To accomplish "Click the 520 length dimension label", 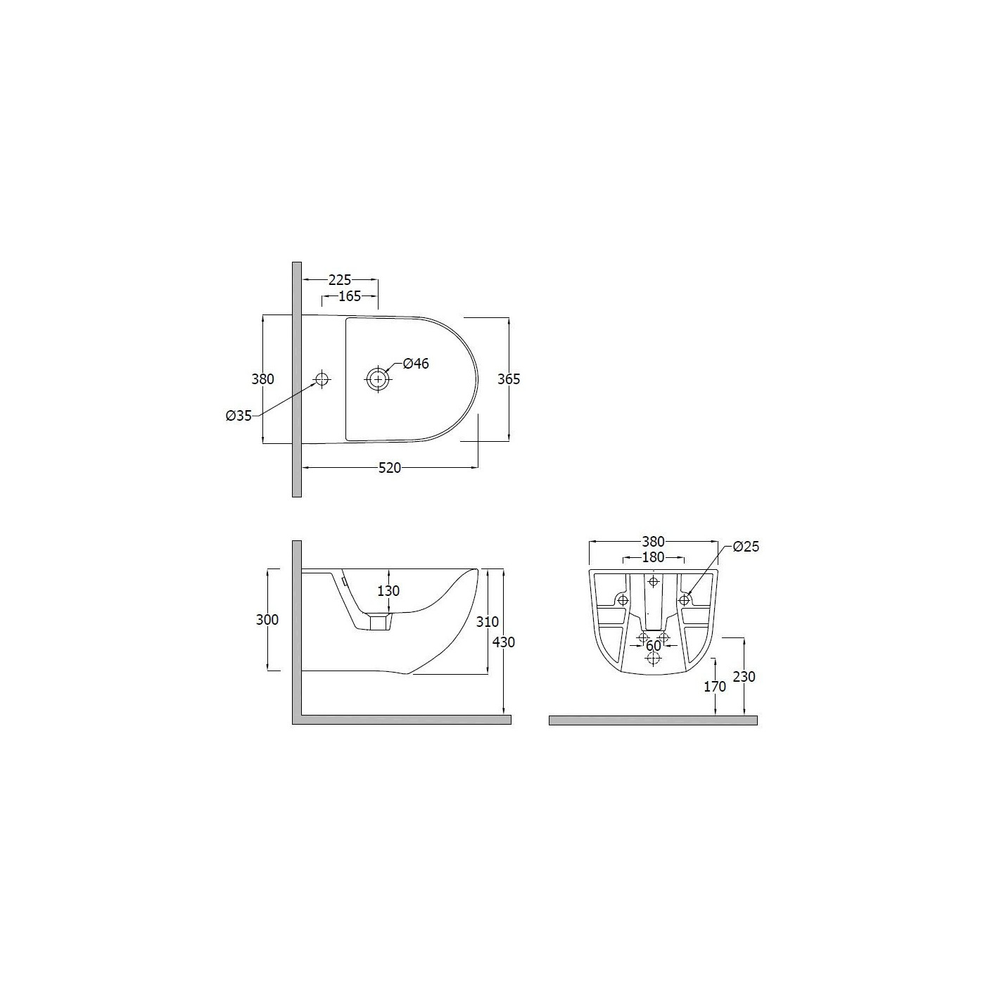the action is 390,468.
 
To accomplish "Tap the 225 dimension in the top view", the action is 340,279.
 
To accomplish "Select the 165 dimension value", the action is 350,296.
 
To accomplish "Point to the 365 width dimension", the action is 509,379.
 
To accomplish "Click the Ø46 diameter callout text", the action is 416,364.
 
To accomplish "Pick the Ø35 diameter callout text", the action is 239,416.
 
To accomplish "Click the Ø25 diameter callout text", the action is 746,547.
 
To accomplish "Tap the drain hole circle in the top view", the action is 378,379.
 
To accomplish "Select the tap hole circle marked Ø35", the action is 322,379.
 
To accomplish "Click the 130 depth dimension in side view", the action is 388,591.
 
